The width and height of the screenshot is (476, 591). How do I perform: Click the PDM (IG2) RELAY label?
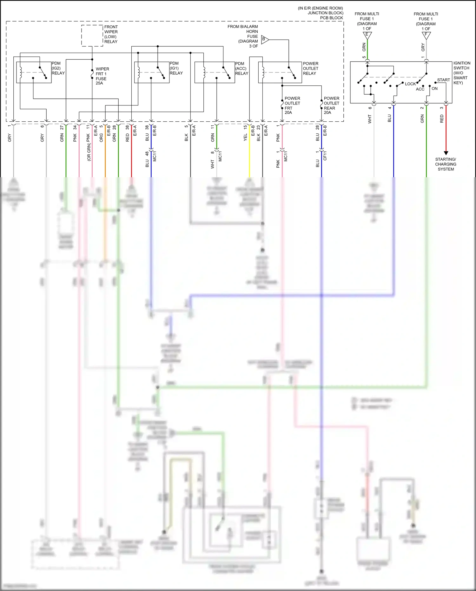58,68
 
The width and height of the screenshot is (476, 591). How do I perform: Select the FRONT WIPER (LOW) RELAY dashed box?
92,36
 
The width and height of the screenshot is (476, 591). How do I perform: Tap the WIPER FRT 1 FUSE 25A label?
102,76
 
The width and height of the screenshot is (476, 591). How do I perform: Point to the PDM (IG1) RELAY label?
176,68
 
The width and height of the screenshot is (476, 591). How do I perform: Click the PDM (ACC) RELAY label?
241,69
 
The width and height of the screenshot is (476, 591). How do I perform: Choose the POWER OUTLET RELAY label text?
310,69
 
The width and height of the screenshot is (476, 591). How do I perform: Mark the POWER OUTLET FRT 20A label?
292,105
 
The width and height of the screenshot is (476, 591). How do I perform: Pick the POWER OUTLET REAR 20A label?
331,105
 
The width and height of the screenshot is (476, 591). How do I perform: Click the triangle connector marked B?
265,40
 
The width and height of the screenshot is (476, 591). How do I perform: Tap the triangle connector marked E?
367,35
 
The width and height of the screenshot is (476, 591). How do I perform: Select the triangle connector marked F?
426,35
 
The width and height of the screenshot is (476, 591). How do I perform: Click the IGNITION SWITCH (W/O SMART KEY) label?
461,73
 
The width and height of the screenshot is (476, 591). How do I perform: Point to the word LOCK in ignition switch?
410,84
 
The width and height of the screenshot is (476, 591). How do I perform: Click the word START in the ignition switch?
443,80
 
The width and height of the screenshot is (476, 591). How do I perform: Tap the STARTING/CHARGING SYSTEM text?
446,164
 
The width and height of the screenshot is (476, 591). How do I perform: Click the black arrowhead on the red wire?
446,153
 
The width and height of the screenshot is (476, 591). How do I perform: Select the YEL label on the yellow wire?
245,137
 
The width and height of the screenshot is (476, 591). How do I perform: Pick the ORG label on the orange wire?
101,137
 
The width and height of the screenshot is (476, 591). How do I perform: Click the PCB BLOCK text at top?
331,18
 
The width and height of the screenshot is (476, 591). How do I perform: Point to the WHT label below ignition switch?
370,119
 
